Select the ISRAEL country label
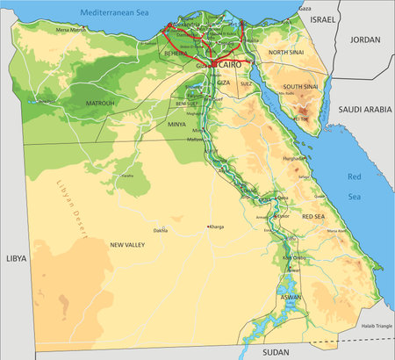[323, 18]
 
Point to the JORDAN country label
[364, 40]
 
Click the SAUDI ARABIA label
[364, 110]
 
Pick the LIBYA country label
[17, 259]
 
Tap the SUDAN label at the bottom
[276, 350]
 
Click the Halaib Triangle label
[374, 326]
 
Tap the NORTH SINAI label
[285, 53]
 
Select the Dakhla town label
[160, 231]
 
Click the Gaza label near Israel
[305, 8]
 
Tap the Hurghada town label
[294, 159]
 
